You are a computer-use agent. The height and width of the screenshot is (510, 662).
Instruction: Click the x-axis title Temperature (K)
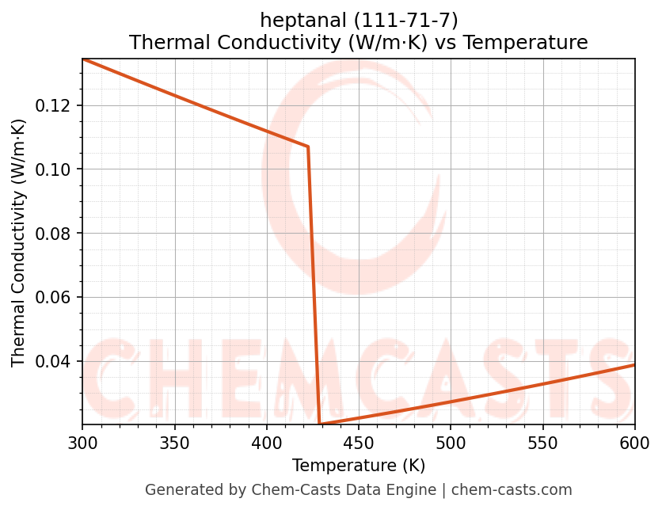358,465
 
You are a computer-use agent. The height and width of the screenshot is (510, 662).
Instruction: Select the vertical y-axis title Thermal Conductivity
19,242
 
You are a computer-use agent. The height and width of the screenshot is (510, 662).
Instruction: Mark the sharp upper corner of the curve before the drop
308,147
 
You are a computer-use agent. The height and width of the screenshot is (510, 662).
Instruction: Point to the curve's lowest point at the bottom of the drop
319,424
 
